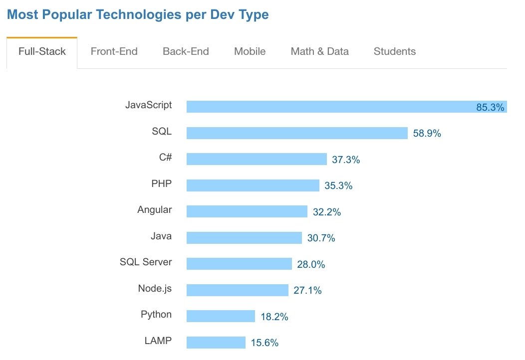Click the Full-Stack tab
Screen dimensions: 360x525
tap(42, 51)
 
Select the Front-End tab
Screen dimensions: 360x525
tap(114, 51)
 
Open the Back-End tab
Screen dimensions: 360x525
tap(186, 51)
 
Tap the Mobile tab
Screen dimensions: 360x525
tap(250, 51)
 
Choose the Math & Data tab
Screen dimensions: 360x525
tap(319, 51)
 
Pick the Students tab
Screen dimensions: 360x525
tap(394, 51)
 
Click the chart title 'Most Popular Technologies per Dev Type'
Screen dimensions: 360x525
tap(138, 14)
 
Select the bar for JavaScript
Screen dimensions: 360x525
tap(329, 107)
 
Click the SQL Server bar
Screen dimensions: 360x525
tap(239, 264)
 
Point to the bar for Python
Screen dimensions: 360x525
tap(221, 316)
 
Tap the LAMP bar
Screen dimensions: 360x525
tap(216, 343)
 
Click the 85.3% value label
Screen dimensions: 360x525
tap(490, 107)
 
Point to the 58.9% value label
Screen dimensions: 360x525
tap(427, 134)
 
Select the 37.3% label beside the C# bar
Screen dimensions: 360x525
tap(346, 160)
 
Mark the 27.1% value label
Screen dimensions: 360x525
tap(307, 290)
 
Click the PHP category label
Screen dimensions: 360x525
tap(161, 183)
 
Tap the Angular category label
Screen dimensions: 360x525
tap(154, 210)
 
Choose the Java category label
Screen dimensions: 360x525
tap(161, 236)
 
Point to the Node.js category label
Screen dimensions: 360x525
tap(155, 288)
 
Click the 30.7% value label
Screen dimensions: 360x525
tap(321, 238)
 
